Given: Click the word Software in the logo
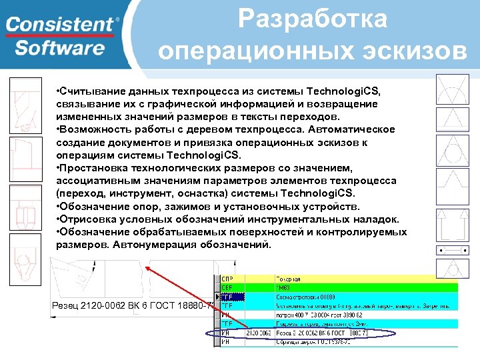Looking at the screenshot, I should pos(60,48).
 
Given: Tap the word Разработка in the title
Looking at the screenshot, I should pos(312,19).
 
